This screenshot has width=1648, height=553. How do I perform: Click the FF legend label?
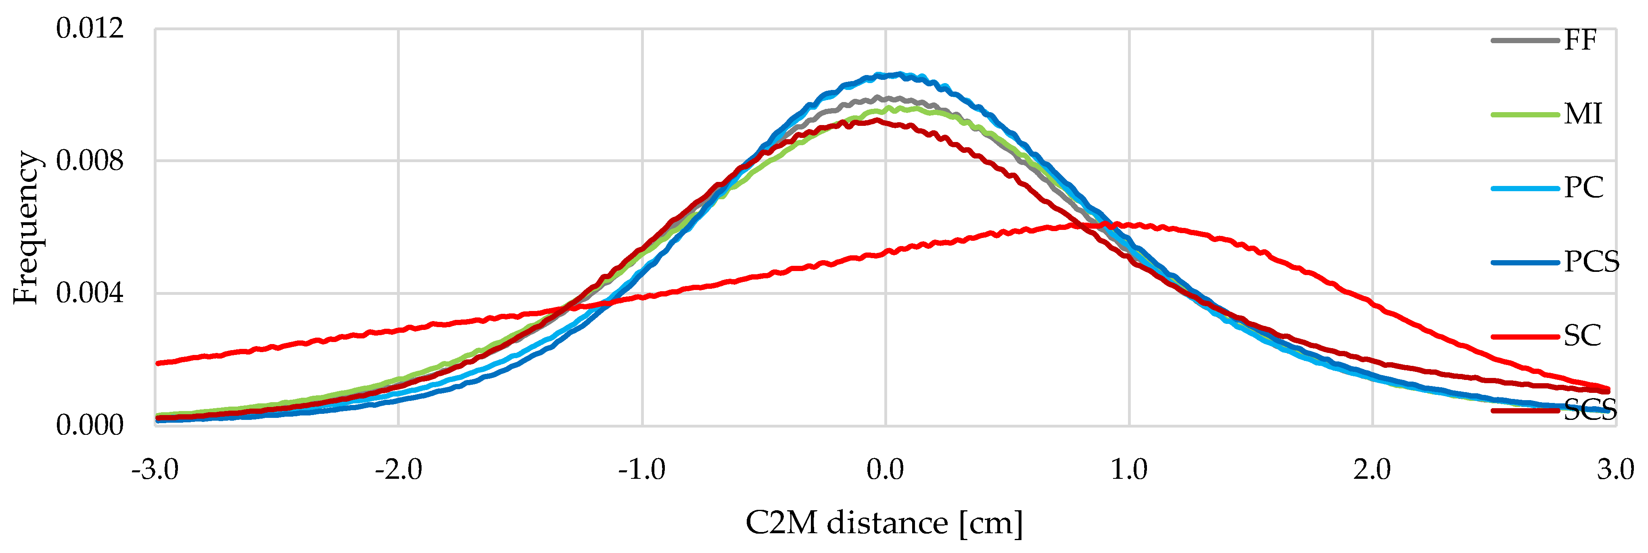point(1580,40)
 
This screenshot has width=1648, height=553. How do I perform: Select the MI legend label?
point(1583,115)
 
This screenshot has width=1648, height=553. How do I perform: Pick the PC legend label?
point(1583,188)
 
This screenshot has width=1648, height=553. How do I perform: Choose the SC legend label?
point(1582,336)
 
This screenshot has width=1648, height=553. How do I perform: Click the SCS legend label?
point(1590,410)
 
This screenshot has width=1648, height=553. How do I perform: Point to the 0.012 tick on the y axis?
point(90,29)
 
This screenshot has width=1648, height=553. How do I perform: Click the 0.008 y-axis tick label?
point(90,161)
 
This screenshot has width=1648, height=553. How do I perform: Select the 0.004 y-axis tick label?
point(90,294)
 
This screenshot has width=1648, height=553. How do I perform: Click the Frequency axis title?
point(27,227)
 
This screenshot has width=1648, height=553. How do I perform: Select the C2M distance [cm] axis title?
point(884,524)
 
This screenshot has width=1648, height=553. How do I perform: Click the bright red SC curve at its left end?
point(159,363)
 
